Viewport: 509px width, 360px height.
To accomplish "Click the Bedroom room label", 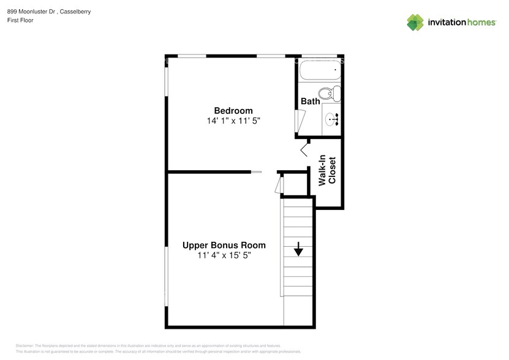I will pos(228,110).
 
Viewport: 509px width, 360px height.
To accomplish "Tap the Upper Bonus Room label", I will pos(224,245).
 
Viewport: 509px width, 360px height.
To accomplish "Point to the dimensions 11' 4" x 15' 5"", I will pos(224,256).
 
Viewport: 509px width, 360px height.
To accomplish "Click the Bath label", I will pos(310,101).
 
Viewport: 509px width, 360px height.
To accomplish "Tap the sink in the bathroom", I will pos(331,119).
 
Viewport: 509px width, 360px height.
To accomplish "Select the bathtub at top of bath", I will pos(318,72).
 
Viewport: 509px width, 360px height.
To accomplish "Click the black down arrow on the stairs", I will pos(298,249).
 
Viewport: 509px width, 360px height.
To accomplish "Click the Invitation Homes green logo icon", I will pos(416,23).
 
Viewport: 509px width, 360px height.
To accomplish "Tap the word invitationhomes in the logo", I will pos(461,23).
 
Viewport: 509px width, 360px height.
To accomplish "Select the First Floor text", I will pos(21,20).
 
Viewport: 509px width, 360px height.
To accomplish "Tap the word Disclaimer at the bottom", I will pos(25,346).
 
